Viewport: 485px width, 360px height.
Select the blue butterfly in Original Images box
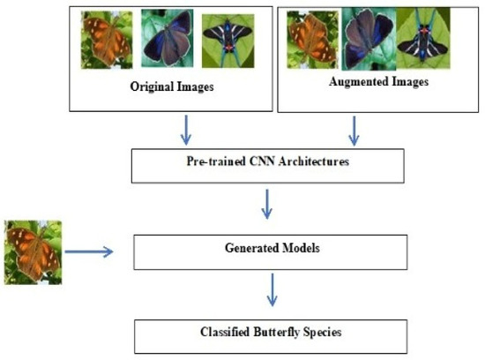(167, 40)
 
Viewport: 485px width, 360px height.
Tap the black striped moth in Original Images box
(226, 40)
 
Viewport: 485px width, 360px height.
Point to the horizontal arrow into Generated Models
(91, 252)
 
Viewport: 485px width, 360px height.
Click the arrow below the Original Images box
(183, 131)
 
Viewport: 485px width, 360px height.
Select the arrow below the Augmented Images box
(354, 131)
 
